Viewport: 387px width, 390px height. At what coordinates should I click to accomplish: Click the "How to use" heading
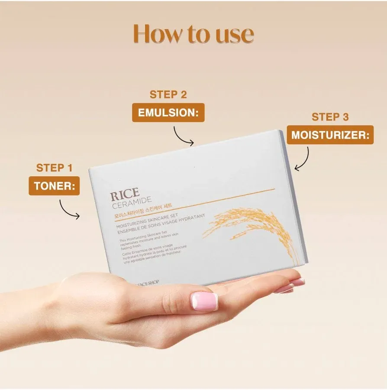pyautogui.click(x=193, y=34)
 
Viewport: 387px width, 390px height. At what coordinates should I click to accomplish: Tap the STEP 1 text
pyautogui.click(x=54, y=168)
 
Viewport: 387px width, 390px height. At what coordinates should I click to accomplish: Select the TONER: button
pyautogui.click(x=54, y=186)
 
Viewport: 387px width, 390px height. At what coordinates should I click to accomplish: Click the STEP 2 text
pyautogui.click(x=168, y=94)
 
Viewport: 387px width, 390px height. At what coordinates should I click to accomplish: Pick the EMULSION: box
pyautogui.click(x=168, y=113)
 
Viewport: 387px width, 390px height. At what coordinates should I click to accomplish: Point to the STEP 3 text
pyautogui.click(x=330, y=117)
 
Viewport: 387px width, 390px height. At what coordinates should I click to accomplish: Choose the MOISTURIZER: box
pyautogui.click(x=331, y=135)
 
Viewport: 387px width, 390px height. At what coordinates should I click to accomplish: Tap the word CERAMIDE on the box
pyautogui.click(x=132, y=202)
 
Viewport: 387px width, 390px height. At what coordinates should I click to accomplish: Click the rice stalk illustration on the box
pyautogui.click(x=251, y=230)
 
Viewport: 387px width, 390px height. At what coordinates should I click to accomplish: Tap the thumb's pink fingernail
pyautogui.click(x=204, y=301)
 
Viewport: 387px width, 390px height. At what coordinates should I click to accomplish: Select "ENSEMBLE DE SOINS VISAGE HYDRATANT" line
pyautogui.click(x=167, y=224)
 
